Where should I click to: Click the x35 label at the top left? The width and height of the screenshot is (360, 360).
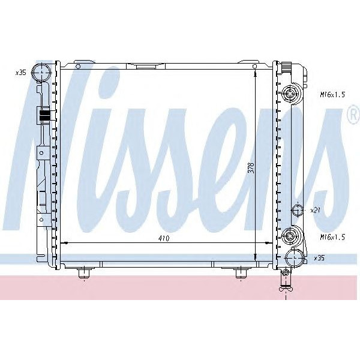click(x=21, y=73)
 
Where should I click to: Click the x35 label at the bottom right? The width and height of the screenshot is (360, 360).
click(x=319, y=258)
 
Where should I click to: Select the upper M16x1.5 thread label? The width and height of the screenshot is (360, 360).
click(x=332, y=95)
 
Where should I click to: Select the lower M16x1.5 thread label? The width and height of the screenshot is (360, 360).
click(x=332, y=237)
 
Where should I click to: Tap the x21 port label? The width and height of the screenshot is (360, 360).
click(x=315, y=210)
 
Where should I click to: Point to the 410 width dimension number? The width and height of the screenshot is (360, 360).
click(x=164, y=239)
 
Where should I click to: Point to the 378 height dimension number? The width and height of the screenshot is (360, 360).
click(x=252, y=168)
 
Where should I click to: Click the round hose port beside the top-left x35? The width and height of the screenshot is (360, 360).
click(x=41, y=72)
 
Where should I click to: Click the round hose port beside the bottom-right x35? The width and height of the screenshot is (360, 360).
click(x=295, y=258)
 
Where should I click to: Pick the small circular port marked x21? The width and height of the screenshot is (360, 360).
click(x=298, y=209)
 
